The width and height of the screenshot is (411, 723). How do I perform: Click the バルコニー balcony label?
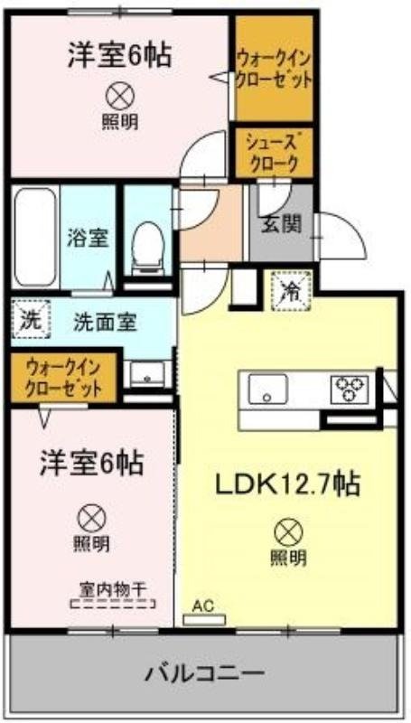tap(205, 674)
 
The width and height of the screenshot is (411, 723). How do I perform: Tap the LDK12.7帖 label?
tap(287, 485)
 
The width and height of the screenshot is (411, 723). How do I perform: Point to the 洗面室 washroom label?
tap(106, 323)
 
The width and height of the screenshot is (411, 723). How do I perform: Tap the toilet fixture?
tap(145, 243)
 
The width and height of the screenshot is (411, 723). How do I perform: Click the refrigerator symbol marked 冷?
tap(292, 290)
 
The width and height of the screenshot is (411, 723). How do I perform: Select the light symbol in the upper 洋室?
tap(118, 93)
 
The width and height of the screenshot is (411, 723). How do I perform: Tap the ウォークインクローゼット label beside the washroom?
tap(62, 379)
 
